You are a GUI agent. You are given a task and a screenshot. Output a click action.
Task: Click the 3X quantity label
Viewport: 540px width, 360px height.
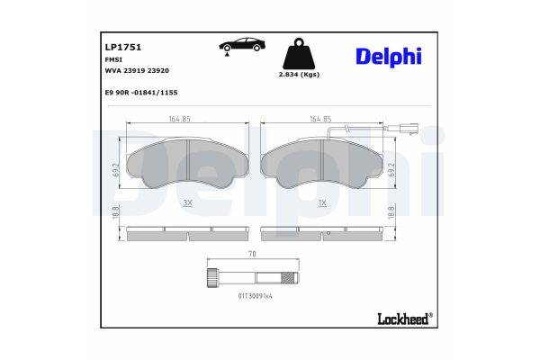click(187, 203)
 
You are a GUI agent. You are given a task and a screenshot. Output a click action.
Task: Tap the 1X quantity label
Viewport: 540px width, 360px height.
click(321, 203)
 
